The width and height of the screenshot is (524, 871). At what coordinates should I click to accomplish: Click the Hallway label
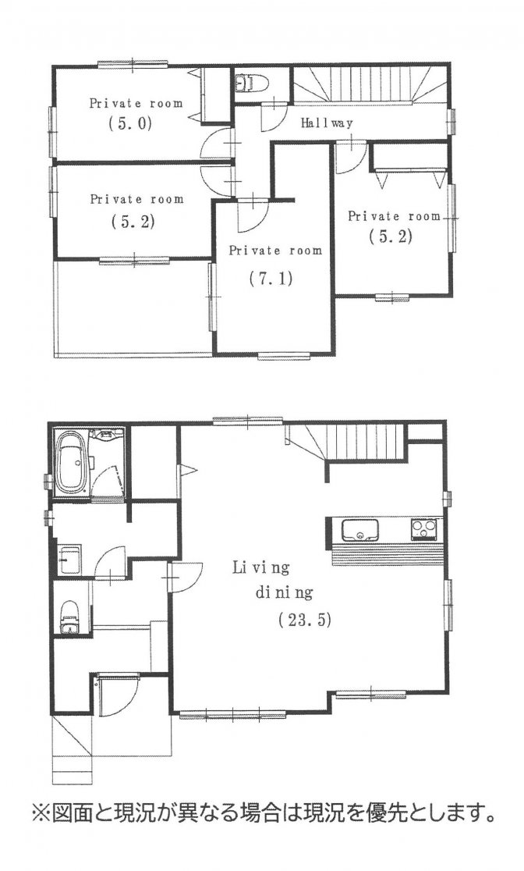tap(327, 123)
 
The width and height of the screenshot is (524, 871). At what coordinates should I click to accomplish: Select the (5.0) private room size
tap(129, 123)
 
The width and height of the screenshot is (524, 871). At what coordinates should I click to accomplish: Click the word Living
tap(261, 567)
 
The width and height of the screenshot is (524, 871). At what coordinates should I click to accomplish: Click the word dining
tap(284, 592)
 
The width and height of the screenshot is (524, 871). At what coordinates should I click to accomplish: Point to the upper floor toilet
tap(251, 84)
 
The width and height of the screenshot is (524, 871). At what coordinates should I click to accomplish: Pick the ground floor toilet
tap(70, 617)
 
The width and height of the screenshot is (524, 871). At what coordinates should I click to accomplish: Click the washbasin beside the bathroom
tap(69, 561)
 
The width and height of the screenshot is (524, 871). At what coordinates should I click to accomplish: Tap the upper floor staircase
tap(369, 84)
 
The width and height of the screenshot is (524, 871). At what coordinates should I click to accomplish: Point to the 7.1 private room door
tap(253, 216)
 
